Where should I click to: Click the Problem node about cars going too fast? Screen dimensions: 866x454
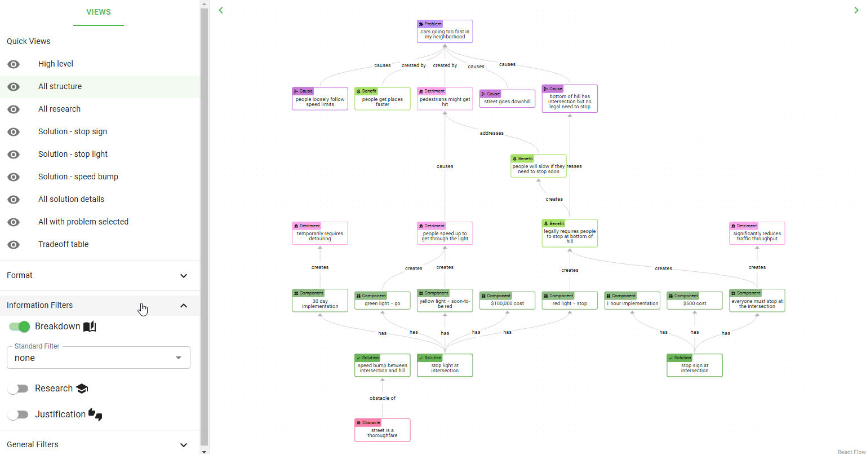coord(445,32)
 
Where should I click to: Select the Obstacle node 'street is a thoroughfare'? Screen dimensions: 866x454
coord(383,430)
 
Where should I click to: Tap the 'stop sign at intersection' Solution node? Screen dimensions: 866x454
coord(694,365)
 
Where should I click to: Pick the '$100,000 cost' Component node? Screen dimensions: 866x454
coord(507,301)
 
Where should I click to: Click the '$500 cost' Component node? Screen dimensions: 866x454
coord(694,301)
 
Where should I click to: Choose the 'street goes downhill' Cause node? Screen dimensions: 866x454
coord(507,99)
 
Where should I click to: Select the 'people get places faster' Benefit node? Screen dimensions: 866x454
coord(383,99)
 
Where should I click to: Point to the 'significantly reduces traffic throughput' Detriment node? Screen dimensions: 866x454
coord(757,233)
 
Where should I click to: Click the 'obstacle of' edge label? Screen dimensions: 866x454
coord(383,398)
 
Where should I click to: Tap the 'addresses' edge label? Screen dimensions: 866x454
coord(491,133)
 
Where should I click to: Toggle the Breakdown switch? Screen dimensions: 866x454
coord(19,327)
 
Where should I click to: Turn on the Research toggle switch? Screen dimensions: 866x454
coord(18,389)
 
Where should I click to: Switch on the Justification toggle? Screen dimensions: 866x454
coord(18,415)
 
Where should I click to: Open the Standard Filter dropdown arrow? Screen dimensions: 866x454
coord(178,358)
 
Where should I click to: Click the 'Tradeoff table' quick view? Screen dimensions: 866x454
coord(64,244)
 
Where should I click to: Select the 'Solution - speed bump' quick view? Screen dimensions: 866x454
coord(78,177)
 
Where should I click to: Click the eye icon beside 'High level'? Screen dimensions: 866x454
coord(14,64)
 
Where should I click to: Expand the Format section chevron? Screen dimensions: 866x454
coord(184,276)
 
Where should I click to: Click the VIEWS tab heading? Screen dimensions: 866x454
coord(99,12)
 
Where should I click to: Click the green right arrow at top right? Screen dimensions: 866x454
coord(856,10)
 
